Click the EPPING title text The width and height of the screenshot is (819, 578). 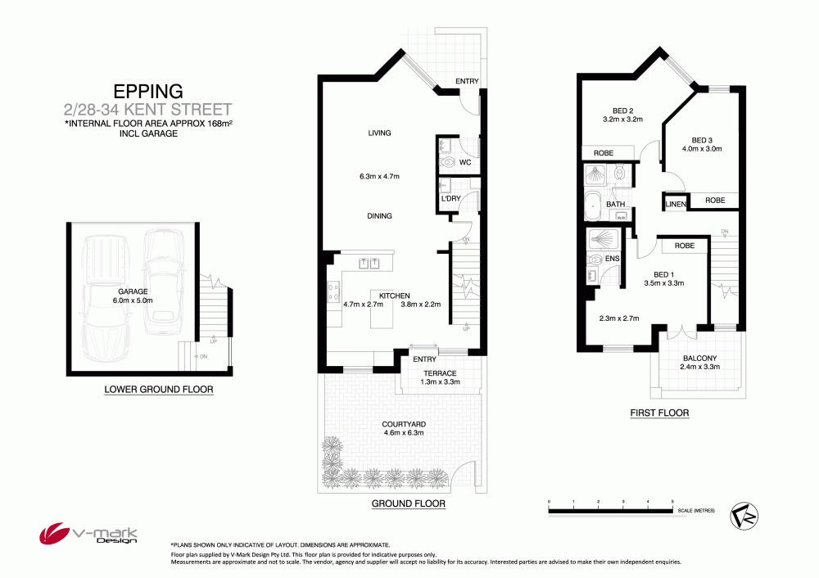148,92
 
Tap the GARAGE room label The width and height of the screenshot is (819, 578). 133,291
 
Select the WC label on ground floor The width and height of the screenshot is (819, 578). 465,162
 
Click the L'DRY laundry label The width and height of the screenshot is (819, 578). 450,198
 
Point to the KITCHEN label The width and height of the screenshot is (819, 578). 395,296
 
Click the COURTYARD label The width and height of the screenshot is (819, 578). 404,424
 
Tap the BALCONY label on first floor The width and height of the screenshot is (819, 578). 700,359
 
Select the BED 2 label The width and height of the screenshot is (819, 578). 622,111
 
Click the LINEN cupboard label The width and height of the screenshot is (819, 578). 676,204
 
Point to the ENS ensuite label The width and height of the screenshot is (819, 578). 612,259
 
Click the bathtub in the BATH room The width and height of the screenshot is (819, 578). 593,205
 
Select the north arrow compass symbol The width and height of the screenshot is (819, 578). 744,516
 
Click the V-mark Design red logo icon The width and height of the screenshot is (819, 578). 54,533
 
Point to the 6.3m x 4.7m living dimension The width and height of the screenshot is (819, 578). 379,177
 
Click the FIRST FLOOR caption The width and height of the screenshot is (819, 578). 659,413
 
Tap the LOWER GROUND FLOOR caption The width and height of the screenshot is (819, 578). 159,389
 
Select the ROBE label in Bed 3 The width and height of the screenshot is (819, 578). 715,200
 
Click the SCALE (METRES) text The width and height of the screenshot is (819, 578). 696,510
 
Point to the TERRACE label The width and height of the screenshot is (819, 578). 440,373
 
